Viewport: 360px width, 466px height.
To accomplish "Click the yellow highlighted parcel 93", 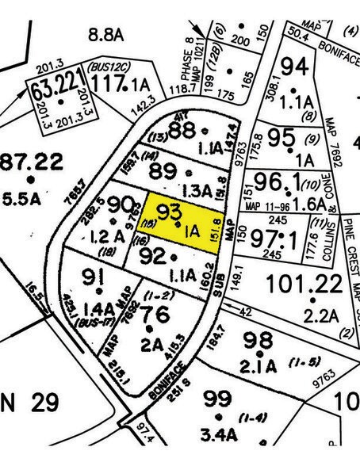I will (x=181, y=225).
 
